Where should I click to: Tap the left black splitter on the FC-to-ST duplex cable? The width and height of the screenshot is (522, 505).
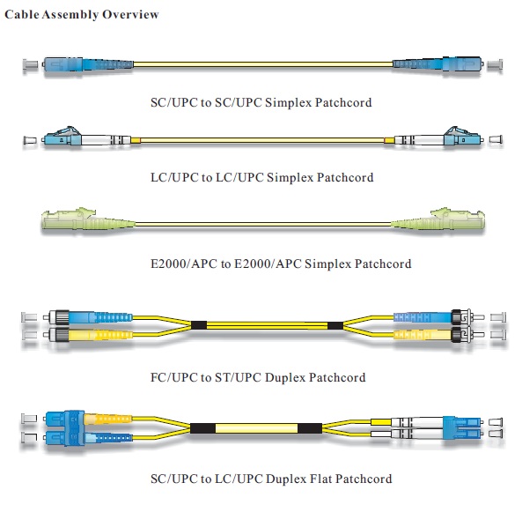tap(198, 325)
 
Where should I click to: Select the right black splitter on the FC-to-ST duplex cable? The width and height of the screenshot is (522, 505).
tap(335, 325)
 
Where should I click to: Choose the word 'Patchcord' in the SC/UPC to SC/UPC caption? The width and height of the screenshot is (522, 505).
tap(342, 102)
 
